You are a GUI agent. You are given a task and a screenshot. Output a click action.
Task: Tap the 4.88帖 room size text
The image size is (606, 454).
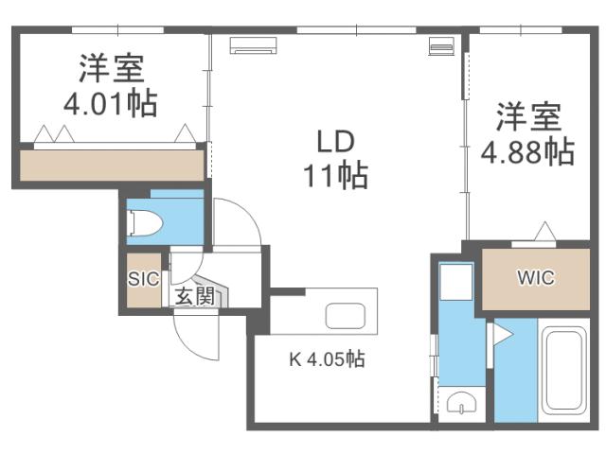526,150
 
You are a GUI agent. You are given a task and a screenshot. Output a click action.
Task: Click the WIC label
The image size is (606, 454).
535,278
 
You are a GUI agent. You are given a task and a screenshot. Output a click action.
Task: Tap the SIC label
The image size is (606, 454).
143,279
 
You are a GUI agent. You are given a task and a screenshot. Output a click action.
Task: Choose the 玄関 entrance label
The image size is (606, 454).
194,297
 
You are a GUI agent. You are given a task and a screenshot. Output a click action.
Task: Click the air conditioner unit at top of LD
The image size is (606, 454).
253,44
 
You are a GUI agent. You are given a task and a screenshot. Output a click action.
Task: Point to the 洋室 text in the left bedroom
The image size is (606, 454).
111,68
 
